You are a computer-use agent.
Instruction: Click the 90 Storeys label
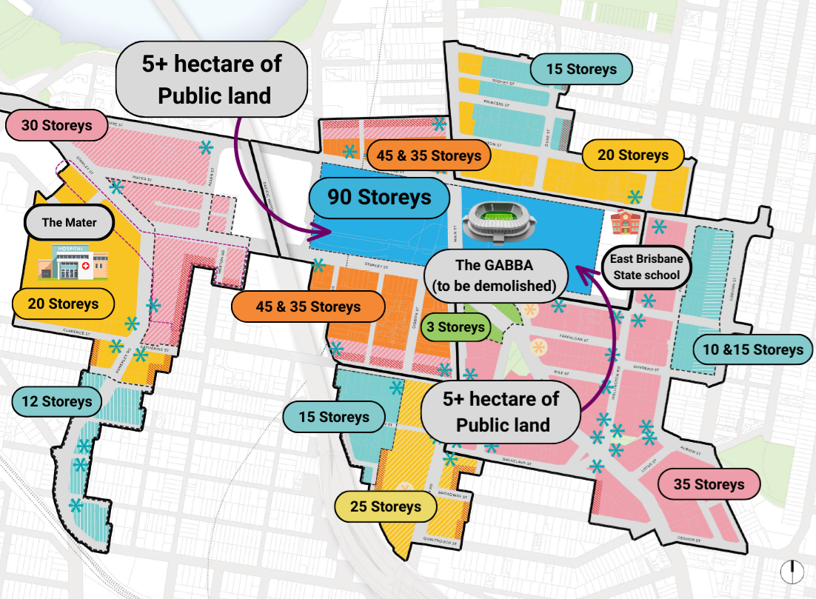pos(379,198)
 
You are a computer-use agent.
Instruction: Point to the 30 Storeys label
pos(56,125)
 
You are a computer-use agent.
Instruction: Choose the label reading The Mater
pos(69,221)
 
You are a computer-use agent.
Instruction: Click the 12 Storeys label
pos(56,402)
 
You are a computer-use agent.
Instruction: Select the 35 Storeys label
pos(709,484)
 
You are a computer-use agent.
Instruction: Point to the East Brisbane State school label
pos(646,268)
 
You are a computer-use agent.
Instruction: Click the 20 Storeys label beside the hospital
pos(63,304)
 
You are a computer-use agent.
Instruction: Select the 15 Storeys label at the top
pos(581,70)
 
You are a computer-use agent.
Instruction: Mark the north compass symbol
pos(792,571)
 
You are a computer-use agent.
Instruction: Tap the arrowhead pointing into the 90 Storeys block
pos(324,231)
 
